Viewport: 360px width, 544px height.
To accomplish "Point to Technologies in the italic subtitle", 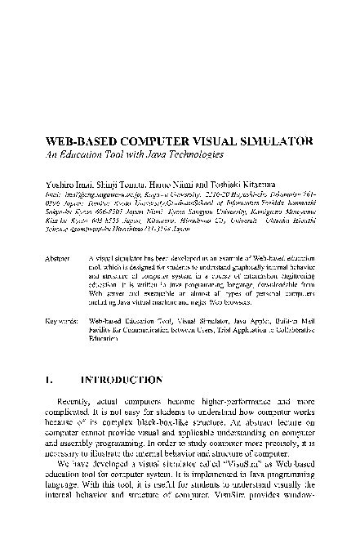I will point(191,154).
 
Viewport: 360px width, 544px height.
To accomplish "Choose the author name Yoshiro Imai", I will point(68,186).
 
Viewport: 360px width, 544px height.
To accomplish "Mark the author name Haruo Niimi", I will point(171,186).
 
